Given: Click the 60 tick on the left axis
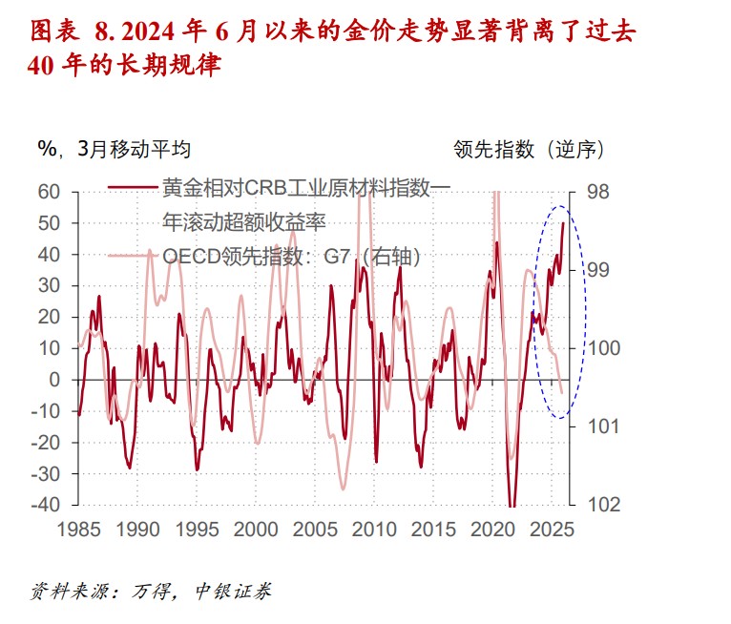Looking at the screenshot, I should (48, 192).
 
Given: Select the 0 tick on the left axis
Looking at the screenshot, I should (54, 380).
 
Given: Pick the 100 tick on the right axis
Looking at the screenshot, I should (604, 348).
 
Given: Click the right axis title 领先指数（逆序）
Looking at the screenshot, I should (528, 150).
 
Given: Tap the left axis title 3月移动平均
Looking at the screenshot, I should (136, 150).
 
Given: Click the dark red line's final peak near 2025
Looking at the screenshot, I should (563, 223).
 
